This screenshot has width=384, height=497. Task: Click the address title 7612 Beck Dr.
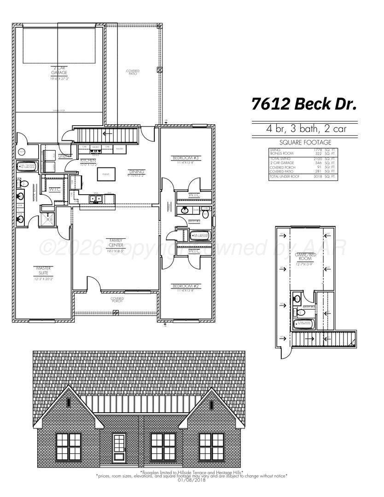click(x=304, y=104)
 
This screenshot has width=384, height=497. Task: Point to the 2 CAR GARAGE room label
click(x=59, y=71)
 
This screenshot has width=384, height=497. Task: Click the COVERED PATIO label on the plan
click(x=133, y=73)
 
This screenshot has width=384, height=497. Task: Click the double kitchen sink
click(x=96, y=199)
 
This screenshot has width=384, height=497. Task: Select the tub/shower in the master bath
click(x=27, y=167)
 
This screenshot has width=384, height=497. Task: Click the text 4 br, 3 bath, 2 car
click(x=304, y=129)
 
